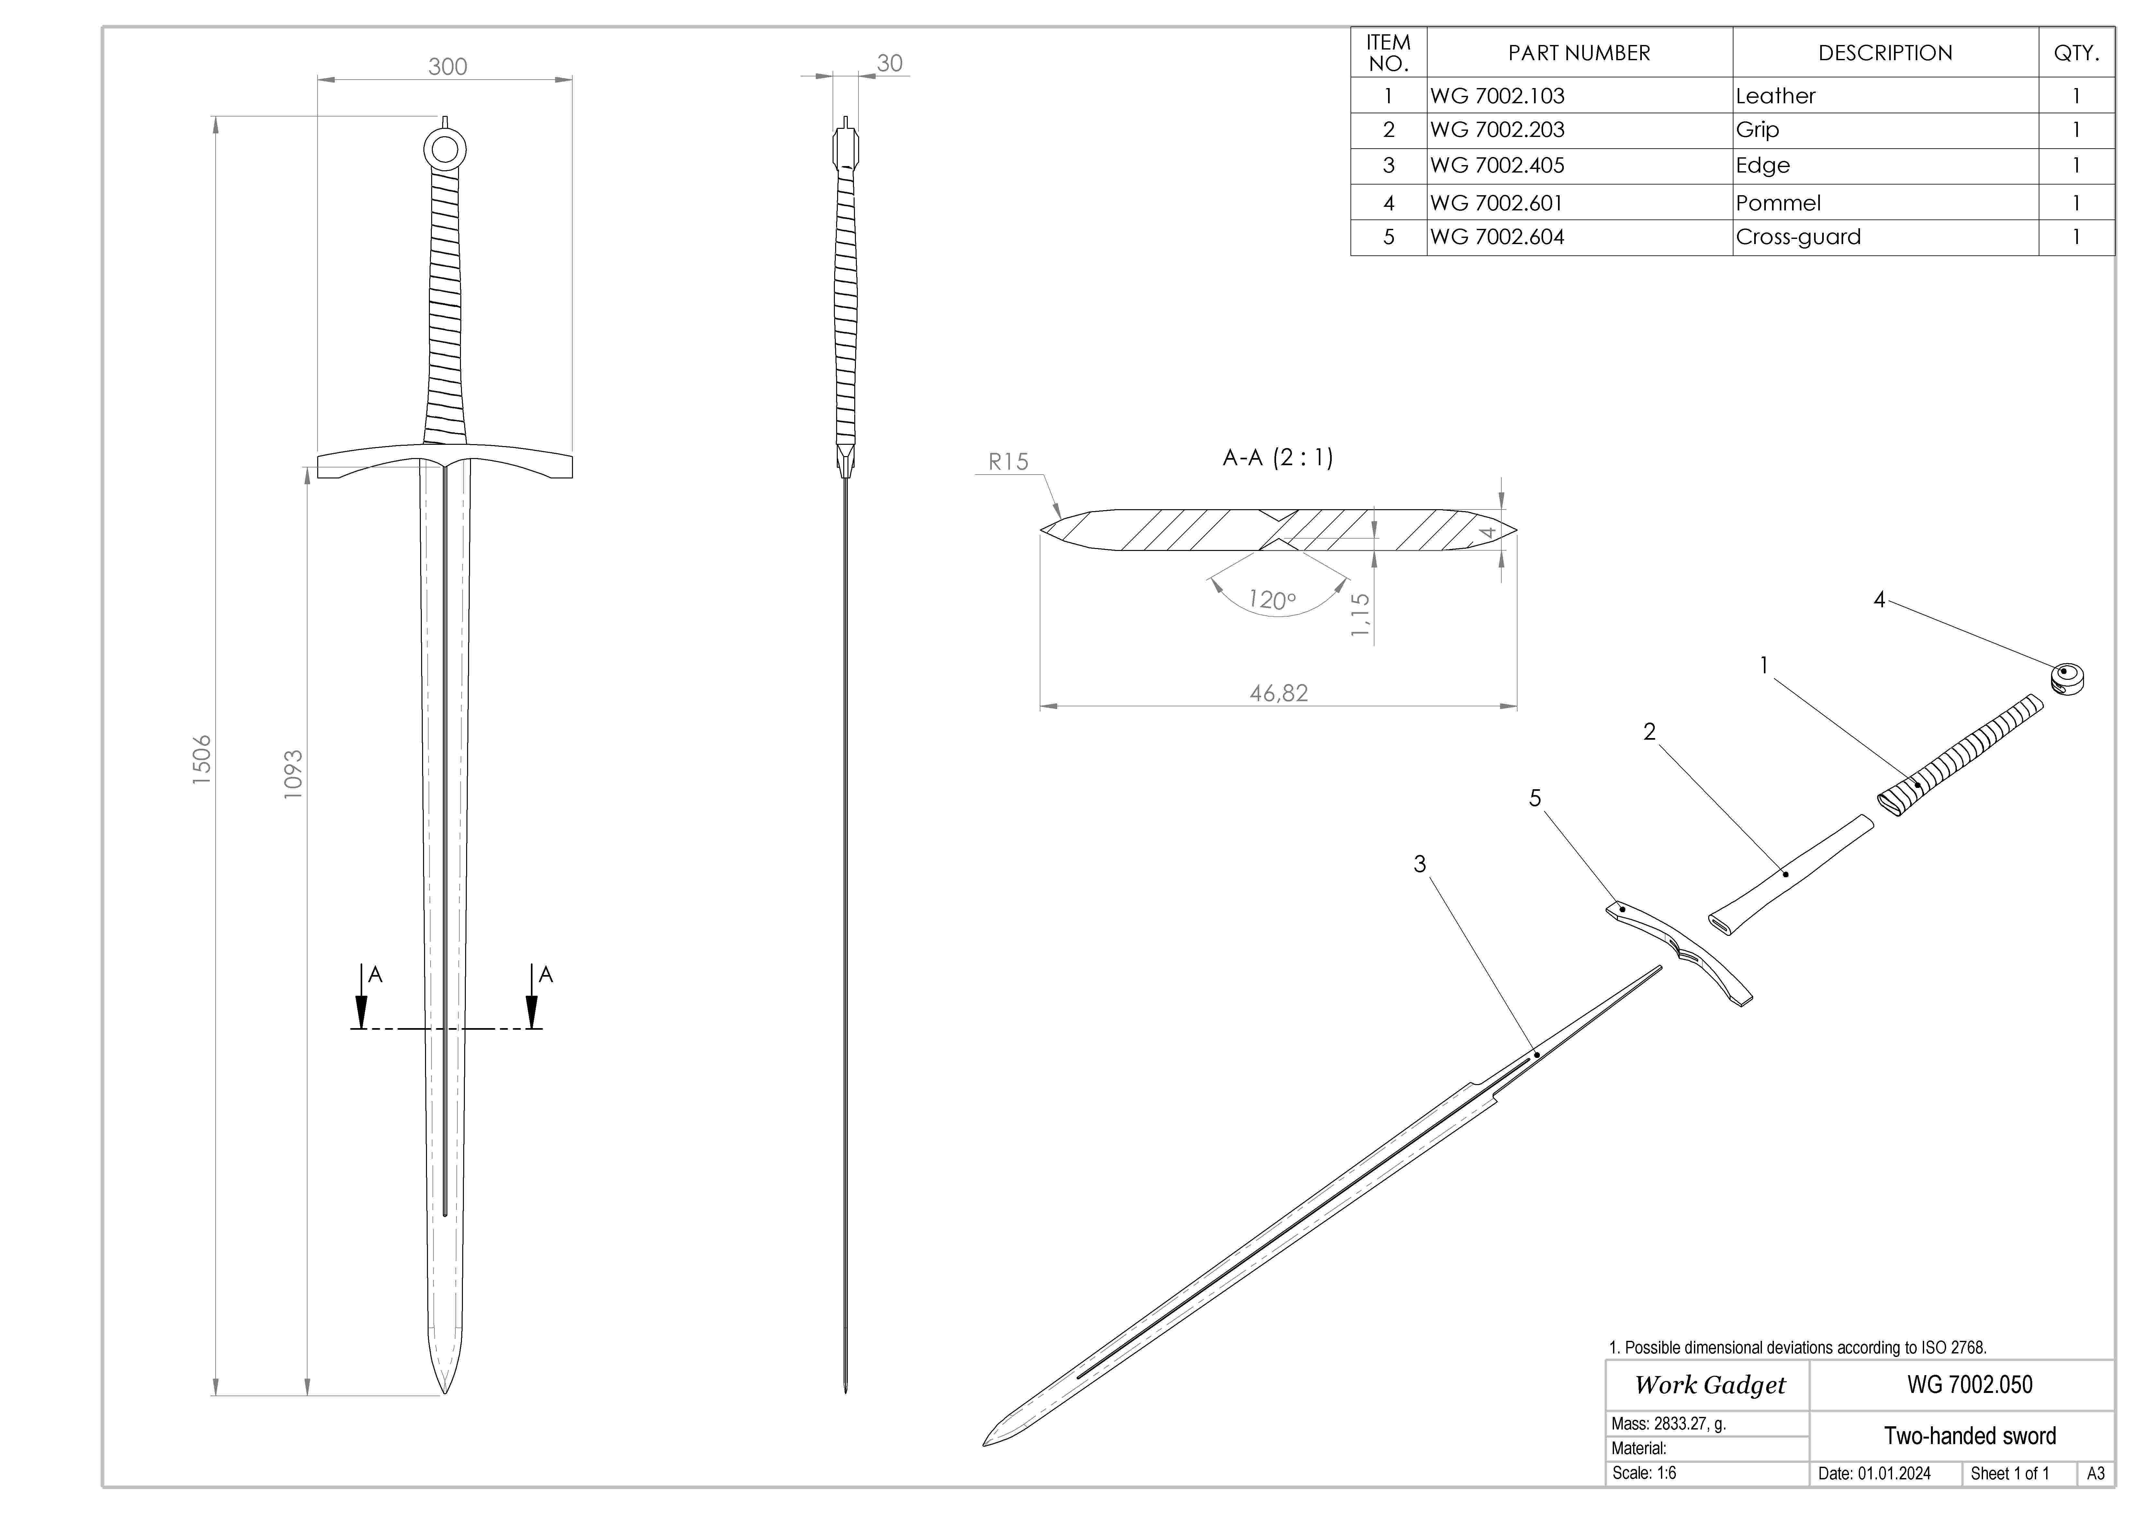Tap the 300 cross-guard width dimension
click(x=448, y=66)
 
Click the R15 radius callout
click(x=1008, y=462)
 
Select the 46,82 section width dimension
click(x=1278, y=693)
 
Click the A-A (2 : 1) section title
click(x=1278, y=458)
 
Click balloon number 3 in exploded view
click(x=1419, y=864)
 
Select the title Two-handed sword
click(x=1969, y=1436)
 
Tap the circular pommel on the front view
click(x=445, y=149)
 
